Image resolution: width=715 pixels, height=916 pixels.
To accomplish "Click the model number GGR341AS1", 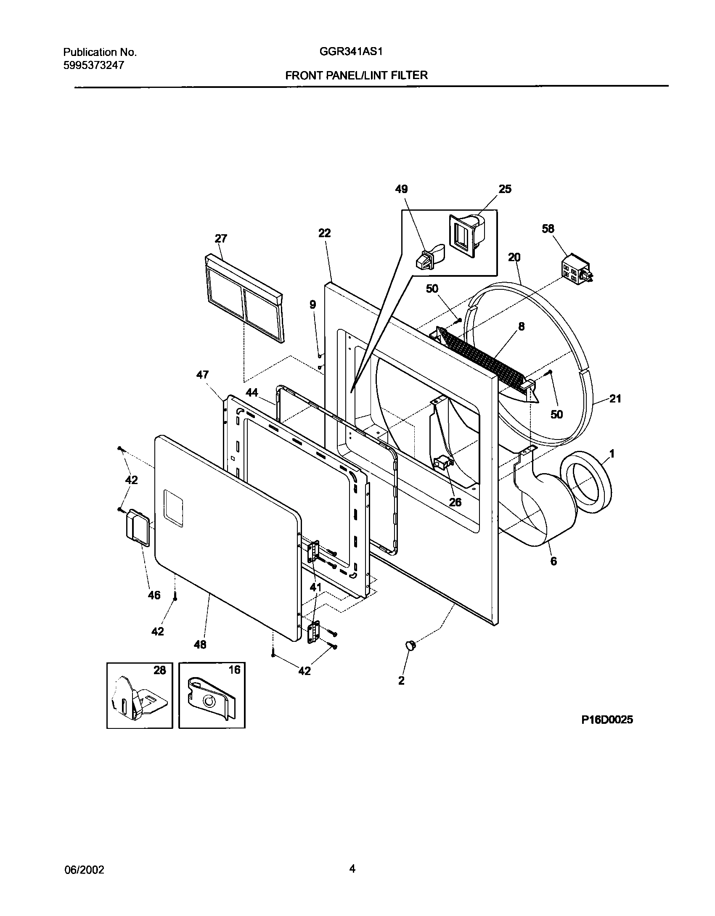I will tap(352, 52).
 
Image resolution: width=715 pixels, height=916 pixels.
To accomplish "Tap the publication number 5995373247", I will tap(94, 65).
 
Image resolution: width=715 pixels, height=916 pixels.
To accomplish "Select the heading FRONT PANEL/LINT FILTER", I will tap(356, 75).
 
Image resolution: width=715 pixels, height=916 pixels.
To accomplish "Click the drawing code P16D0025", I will tap(607, 720).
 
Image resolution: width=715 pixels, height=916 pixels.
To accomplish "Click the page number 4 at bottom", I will tap(352, 867).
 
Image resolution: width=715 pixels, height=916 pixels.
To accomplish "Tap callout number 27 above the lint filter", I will tap(221, 239).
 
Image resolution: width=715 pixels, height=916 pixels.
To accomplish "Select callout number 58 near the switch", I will tap(548, 229).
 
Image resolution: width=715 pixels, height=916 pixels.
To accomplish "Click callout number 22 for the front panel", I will tap(324, 233).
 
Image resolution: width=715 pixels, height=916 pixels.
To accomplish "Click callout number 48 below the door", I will tap(200, 644).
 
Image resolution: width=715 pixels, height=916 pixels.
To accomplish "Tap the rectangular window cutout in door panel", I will tap(174, 508).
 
